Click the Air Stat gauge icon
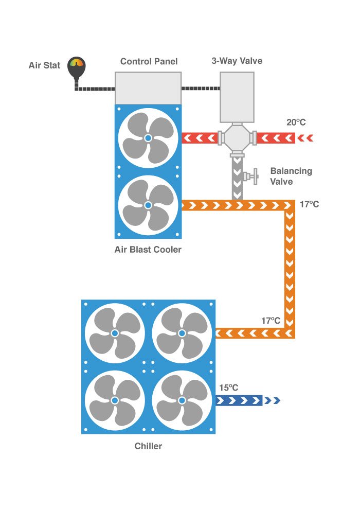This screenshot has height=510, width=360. click(77, 68)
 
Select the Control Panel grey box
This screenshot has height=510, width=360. click(148, 88)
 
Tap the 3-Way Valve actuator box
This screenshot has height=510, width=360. click(237, 97)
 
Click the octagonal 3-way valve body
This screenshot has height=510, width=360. click(237, 138)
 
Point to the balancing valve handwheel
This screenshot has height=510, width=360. click(256, 177)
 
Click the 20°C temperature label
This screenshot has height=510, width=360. click(296, 122)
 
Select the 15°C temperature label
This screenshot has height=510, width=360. click(229, 388)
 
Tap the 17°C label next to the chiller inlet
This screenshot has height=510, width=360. click(271, 321)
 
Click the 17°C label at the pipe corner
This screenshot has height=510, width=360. click(309, 204)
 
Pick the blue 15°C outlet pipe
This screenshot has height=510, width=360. click(239, 400)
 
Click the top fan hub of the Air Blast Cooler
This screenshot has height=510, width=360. click(148, 138)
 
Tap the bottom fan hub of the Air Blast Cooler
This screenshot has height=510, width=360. click(148, 205)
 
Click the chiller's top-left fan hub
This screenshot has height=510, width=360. click(115, 333)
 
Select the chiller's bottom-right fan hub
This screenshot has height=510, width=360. click(182, 400)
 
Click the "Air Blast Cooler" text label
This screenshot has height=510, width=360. click(148, 250)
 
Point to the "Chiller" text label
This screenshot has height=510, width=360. click(148, 446)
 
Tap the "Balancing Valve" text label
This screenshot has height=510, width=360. click(291, 176)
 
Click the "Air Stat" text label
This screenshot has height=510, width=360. click(44, 65)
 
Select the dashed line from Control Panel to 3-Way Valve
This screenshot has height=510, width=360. click(201, 88)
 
